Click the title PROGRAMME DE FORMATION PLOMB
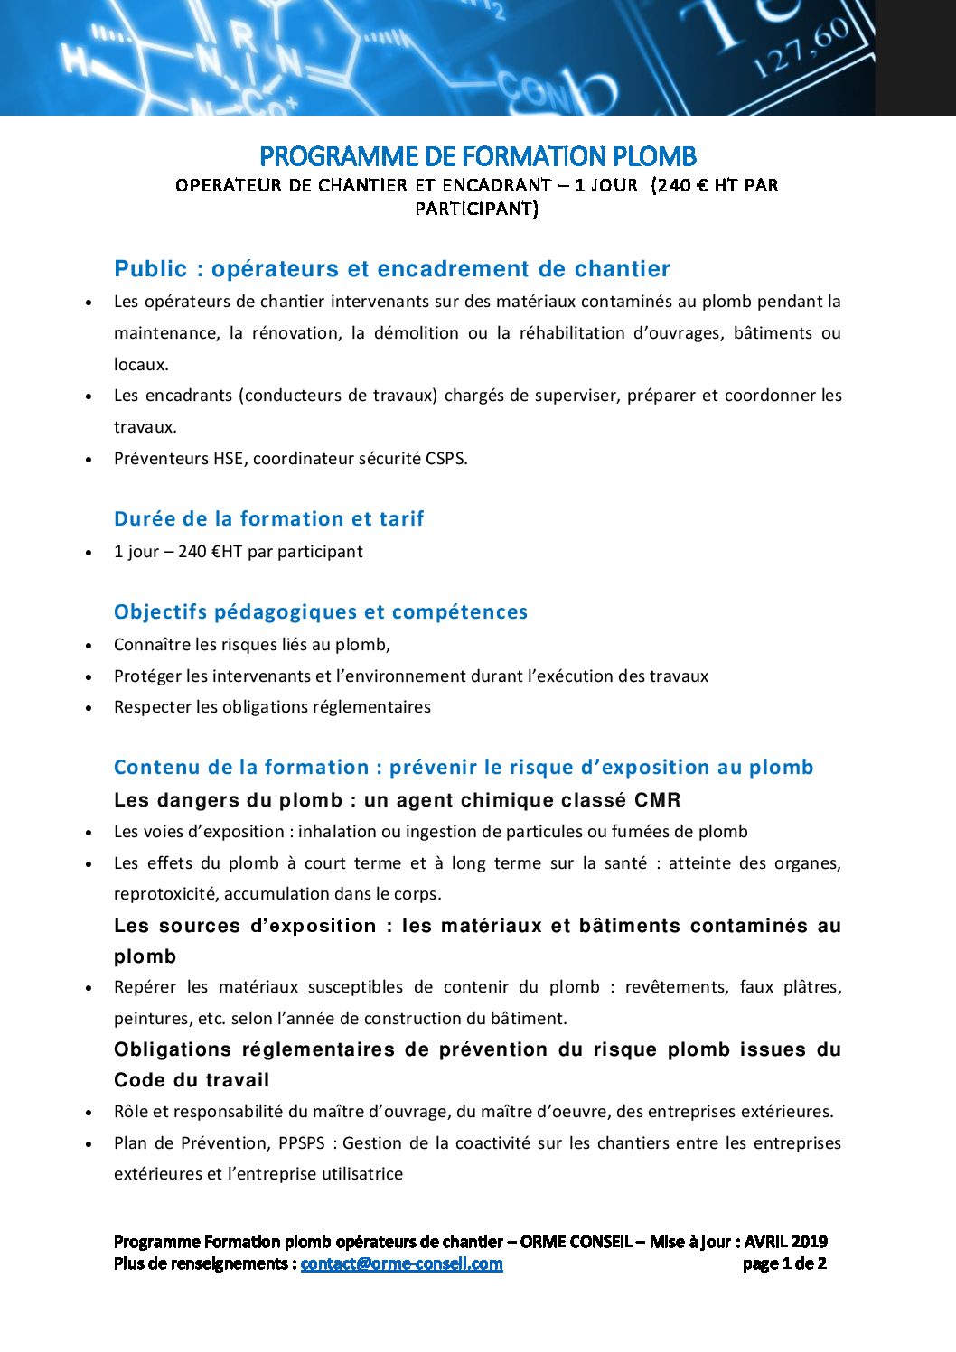(x=477, y=156)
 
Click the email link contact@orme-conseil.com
(x=401, y=1263)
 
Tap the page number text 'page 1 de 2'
(x=783, y=1263)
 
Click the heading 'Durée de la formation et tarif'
(x=268, y=519)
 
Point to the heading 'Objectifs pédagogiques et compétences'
(x=320, y=612)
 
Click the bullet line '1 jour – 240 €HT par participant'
(x=238, y=552)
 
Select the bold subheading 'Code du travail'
(x=192, y=1080)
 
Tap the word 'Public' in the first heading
(x=150, y=269)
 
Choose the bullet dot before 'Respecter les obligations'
(x=89, y=708)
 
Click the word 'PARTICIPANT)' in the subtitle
(x=476, y=209)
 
